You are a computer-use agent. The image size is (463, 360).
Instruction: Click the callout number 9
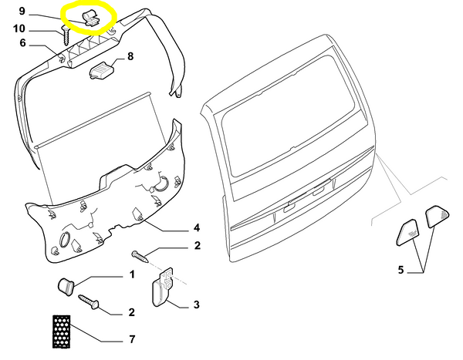coord(22,11)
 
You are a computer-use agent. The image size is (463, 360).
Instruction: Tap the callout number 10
coord(19,29)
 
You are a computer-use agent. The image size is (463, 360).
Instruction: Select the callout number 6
coord(22,43)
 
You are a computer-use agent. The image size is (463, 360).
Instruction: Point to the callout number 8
coord(130,56)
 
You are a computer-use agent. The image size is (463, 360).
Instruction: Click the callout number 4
coord(197,227)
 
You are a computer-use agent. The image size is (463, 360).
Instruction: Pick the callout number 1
coord(132,274)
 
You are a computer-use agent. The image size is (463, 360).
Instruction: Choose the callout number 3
coord(197,304)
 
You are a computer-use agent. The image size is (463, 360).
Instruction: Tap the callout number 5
coord(400,270)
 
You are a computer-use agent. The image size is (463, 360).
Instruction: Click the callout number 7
coord(132,339)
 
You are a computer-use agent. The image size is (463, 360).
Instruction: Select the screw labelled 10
coord(66,35)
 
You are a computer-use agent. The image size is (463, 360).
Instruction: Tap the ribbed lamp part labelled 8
coord(102,71)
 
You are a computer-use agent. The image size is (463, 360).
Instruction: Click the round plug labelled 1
coord(66,286)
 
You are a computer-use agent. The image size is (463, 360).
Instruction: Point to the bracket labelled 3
coord(162,287)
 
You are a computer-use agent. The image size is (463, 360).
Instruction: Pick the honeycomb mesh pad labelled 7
coord(62,331)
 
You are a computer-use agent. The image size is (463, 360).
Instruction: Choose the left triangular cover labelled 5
coord(407,233)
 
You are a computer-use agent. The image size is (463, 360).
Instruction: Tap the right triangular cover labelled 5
coord(437,217)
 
